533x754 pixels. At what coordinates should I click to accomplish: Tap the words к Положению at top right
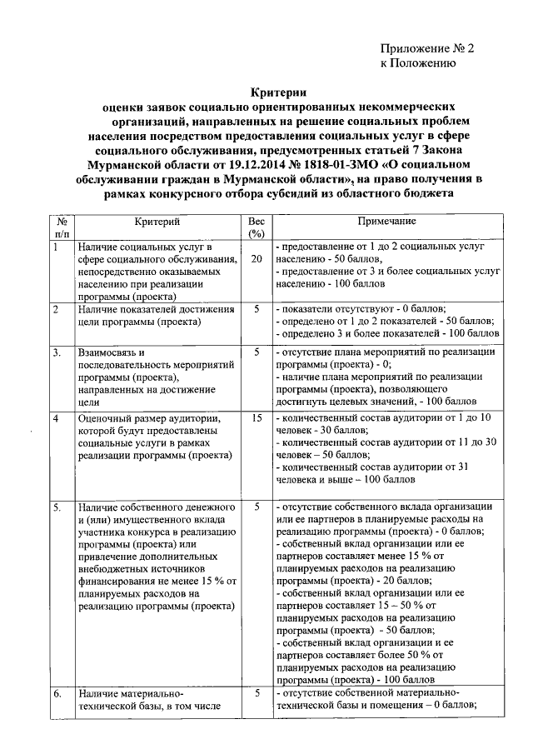pyautogui.click(x=417, y=62)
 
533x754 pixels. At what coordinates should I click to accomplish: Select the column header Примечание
pyautogui.click(x=386, y=222)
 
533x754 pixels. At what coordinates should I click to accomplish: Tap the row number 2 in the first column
pyautogui.click(x=55, y=310)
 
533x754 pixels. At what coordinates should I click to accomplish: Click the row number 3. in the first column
pyautogui.click(x=57, y=352)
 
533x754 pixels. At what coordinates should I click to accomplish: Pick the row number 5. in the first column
pyautogui.click(x=57, y=507)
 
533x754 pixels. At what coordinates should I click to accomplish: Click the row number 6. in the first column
pyautogui.click(x=57, y=694)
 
